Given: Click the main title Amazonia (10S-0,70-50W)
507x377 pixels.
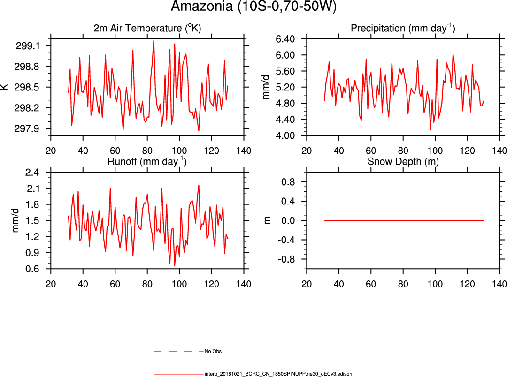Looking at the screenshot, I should click(x=253, y=7).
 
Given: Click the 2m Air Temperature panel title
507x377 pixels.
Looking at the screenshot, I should click(x=147, y=29).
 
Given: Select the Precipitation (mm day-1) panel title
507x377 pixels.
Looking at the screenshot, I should click(x=403, y=29).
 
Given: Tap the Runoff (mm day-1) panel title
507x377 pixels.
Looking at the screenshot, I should click(x=147, y=162).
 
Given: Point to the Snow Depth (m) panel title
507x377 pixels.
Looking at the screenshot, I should click(x=403, y=162).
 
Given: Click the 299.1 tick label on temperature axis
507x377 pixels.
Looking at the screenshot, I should click(x=28, y=46).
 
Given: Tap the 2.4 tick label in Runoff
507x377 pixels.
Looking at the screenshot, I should click(x=32, y=172).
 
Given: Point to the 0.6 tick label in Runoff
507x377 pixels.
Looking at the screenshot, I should click(x=32, y=269).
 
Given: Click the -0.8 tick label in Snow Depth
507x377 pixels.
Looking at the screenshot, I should click(x=285, y=259).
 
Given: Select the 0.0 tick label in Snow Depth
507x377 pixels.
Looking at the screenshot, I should click(x=288, y=221).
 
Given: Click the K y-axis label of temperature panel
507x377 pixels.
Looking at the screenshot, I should click(x=4, y=87).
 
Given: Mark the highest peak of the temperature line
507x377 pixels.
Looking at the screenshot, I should click(x=154, y=40).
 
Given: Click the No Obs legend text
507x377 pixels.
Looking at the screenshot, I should click(x=213, y=351).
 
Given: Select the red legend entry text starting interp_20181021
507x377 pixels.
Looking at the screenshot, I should click(x=278, y=374).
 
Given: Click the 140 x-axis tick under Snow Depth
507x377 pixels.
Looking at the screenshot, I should click(x=499, y=284).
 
